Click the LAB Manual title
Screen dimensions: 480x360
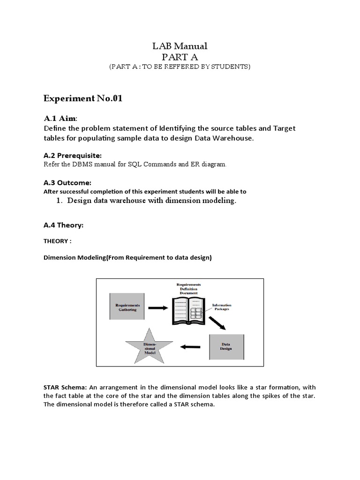point(180,46)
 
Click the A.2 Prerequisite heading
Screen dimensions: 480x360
point(72,155)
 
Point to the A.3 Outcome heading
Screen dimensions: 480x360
point(67,182)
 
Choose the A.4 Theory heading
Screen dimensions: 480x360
point(63,225)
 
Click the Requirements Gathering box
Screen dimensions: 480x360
point(127,307)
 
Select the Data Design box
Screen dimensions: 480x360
point(226,346)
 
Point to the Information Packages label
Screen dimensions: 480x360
point(221,307)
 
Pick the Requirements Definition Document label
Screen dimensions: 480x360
point(188,288)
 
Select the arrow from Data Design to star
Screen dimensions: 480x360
point(190,347)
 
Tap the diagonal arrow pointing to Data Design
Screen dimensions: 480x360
point(217,322)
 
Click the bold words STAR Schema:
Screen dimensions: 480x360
point(63,388)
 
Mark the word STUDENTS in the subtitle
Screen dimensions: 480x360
point(232,67)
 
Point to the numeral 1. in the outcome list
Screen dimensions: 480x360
point(59,201)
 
